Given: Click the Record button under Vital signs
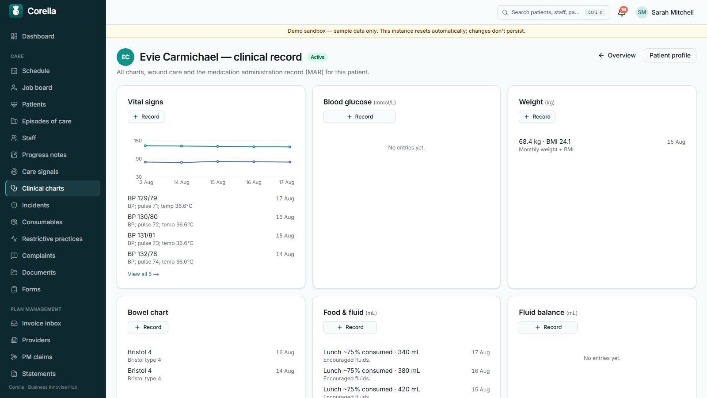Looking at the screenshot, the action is tap(146, 117).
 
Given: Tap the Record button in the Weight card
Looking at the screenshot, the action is tap(537, 117).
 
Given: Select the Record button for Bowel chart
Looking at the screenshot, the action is tap(148, 327).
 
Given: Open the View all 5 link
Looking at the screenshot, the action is tap(143, 274).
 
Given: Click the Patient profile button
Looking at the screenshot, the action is tap(670, 55).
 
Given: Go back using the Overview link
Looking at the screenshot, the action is tap(617, 55).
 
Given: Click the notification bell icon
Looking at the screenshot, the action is tap(621, 13).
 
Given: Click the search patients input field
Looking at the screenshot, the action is tap(553, 12).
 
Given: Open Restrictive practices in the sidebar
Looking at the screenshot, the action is tap(52, 239).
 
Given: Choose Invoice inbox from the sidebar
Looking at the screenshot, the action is tap(42, 323).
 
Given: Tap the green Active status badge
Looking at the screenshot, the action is tap(317, 57).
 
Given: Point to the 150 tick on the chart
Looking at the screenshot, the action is tap(138, 141).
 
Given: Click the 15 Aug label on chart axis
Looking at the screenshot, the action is tap(217, 182).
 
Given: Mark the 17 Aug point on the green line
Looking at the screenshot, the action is tap(290, 147).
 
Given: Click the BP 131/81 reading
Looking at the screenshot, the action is tap(141, 235).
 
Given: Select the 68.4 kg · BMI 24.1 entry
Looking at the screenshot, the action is tap(544, 142).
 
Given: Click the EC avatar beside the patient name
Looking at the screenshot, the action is tap(125, 57).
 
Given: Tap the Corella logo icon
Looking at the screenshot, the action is tap(16, 11).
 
